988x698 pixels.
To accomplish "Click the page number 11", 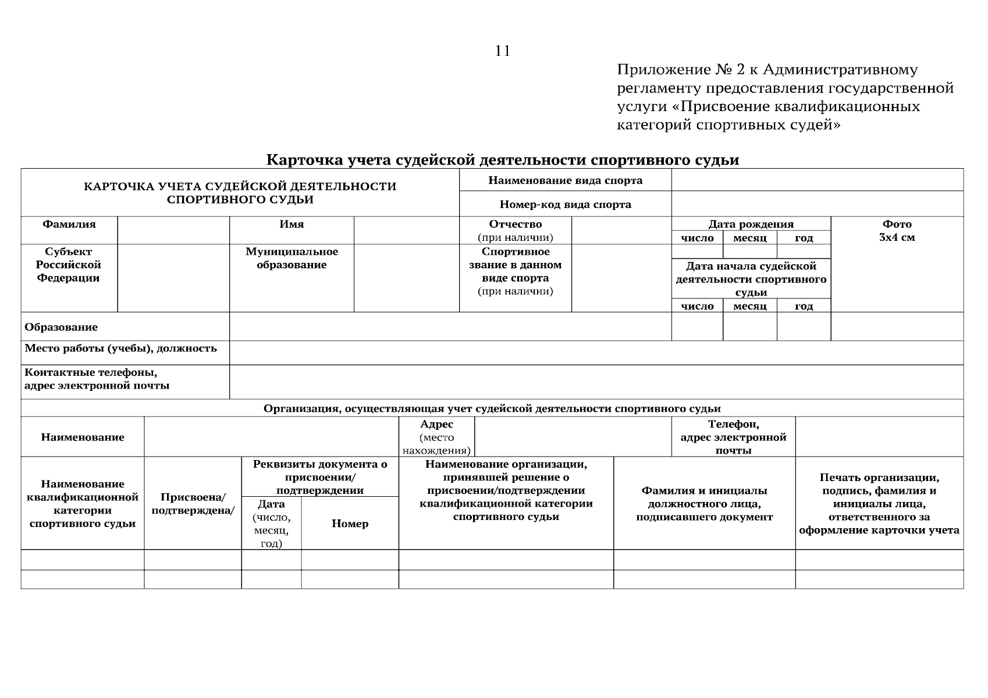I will [x=503, y=51].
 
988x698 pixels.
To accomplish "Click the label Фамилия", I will [x=69, y=225].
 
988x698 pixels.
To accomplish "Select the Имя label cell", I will [x=292, y=225].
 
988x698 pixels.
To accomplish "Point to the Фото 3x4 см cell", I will [x=897, y=230].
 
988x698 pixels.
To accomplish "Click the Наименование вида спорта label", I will [x=565, y=180].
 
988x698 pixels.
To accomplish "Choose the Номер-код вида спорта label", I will [x=565, y=205].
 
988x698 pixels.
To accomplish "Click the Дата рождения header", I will [x=751, y=225].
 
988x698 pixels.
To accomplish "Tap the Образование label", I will [x=61, y=327].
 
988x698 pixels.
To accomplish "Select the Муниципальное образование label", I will [x=292, y=258].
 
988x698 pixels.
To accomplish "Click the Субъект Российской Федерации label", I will [x=69, y=265].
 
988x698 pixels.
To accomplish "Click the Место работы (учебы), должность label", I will [x=120, y=348].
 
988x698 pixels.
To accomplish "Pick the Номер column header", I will [x=350, y=523].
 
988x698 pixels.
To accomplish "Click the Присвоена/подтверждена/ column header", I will [x=193, y=504].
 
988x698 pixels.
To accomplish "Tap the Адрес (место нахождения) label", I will [x=436, y=437].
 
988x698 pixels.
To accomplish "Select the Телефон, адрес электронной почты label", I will [x=733, y=437].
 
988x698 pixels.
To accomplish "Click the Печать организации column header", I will [x=879, y=504].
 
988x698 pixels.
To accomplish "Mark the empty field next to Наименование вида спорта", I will [x=817, y=180].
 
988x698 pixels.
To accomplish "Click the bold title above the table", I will [x=502, y=160].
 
